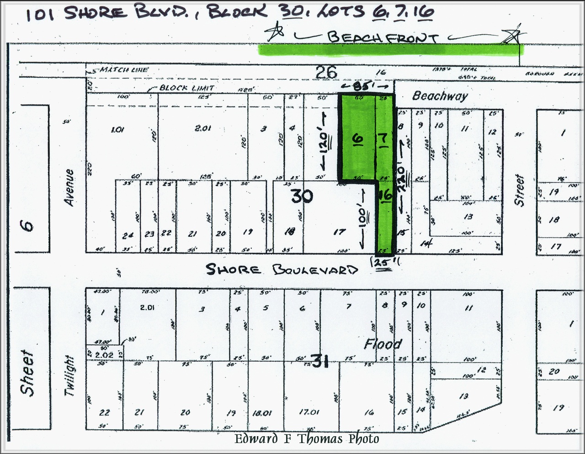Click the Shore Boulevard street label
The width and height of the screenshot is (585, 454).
click(x=282, y=269)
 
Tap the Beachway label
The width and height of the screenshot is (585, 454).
click(x=440, y=96)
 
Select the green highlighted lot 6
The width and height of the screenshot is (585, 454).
click(x=357, y=137)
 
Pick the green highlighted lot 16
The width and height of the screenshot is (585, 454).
click(x=385, y=215)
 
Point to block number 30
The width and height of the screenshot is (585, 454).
click(x=302, y=196)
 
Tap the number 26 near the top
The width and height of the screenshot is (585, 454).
click(x=326, y=72)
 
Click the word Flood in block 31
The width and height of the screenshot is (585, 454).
click(x=383, y=344)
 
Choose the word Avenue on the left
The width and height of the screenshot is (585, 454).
click(x=69, y=187)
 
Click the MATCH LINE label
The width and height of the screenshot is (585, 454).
click(x=124, y=70)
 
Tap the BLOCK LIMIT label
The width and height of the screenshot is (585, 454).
click(x=186, y=88)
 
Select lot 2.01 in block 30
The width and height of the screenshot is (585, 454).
click(x=202, y=128)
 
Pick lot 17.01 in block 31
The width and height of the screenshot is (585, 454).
click(x=309, y=412)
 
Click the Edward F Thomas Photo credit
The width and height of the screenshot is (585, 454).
click(x=307, y=439)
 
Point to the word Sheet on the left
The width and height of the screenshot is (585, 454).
click(x=27, y=373)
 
